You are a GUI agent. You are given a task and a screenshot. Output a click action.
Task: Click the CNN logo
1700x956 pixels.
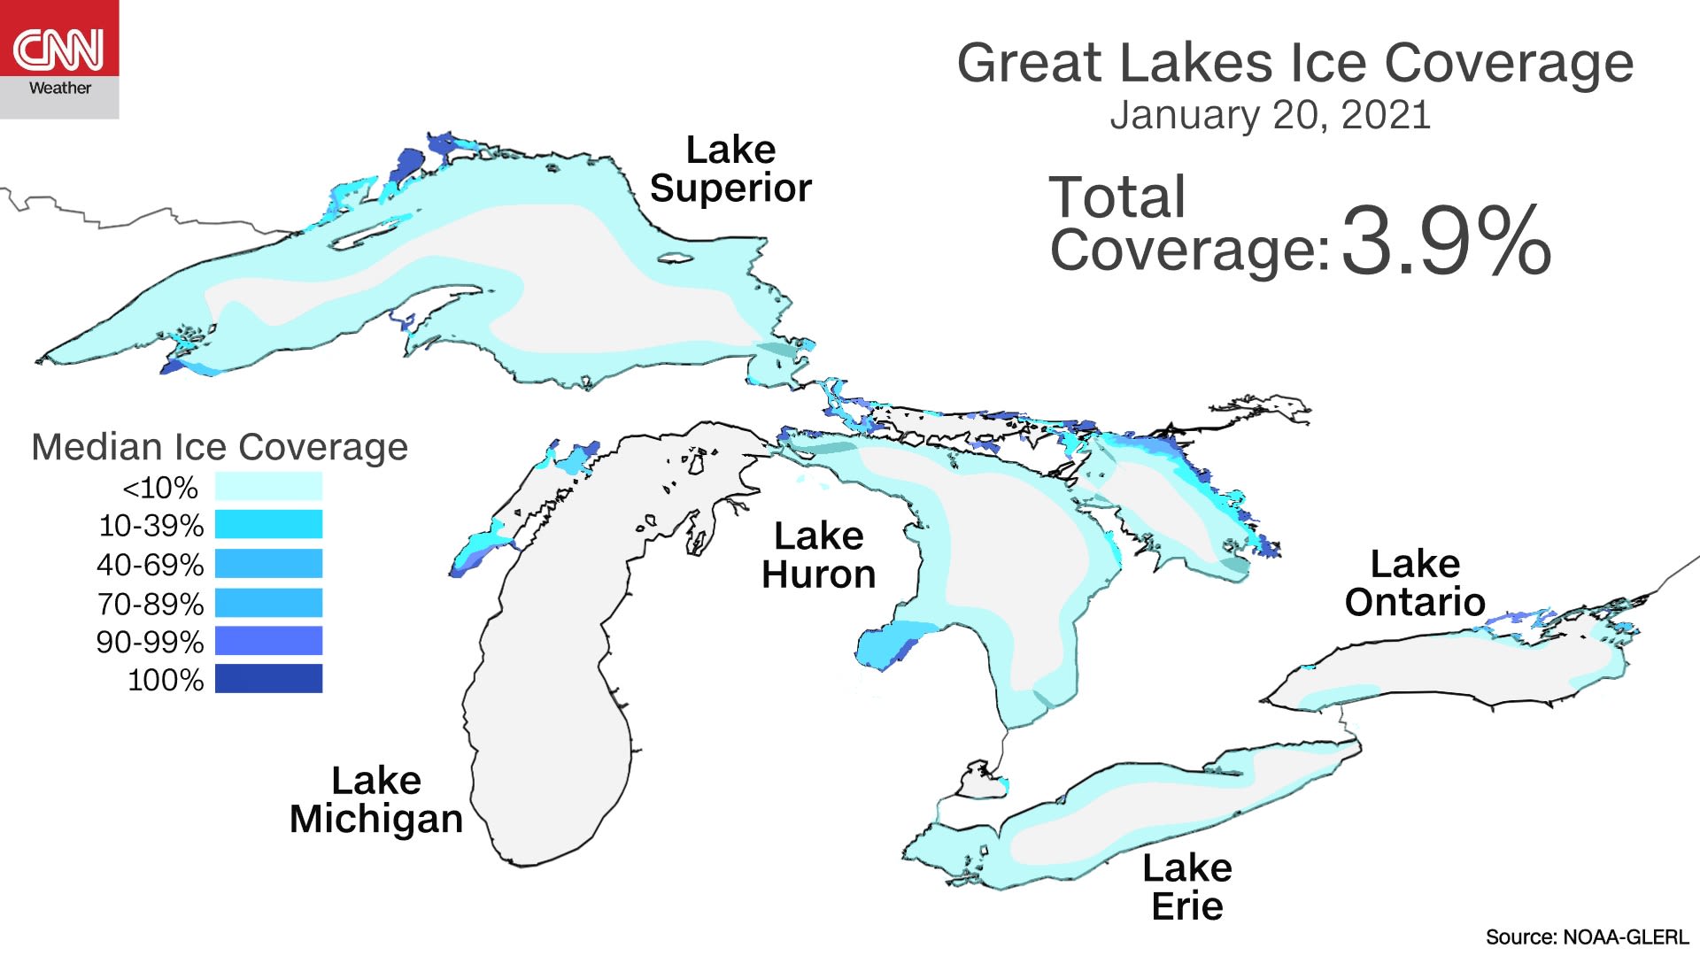pyautogui.click(x=58, y=48)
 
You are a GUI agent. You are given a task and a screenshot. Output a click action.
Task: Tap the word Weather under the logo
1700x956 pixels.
pyautogui.click(x=59, y=89)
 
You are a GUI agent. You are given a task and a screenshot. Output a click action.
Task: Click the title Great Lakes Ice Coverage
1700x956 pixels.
pyautogui.click(x=1294, y=64)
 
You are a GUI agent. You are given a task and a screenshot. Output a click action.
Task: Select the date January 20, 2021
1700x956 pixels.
pyautogui.click(x=1270, y=116)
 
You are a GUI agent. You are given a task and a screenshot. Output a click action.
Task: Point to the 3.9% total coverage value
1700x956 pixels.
pyautogui.click(x=1445, y=241)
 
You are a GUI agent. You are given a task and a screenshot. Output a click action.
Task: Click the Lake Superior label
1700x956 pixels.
pyautogui.click(x=730, y=169)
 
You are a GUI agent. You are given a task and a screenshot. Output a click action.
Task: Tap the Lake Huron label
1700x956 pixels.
pyautogui.click(x=818, y=555)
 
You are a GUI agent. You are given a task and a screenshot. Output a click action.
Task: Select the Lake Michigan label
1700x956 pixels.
pyautogui.click(x=376, y=799)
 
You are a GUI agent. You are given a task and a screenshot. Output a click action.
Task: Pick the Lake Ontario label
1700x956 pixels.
pyautogui.click(x=1414, y=582)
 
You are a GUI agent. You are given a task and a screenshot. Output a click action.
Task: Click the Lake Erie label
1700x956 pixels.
pyautogui.click(x=1186, y=887)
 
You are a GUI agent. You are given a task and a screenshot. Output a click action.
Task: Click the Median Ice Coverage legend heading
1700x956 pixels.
pyautogui.click(x=220, y=447)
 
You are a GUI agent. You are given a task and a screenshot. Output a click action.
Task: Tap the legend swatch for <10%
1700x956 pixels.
pyautogui.click(x=268, y=486)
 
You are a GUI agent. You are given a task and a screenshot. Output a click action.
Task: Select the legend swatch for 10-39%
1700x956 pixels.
pyautogui.click(x=268, y=524)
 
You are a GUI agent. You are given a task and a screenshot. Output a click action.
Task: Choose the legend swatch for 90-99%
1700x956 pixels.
pyautogui.click(x=268, y=641)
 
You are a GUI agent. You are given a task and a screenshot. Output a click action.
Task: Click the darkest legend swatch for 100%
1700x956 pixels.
pyautogui.click(x=268, y=679)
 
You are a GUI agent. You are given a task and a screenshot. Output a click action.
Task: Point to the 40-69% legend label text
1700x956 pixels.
pyautogui.click(x=151, y=565)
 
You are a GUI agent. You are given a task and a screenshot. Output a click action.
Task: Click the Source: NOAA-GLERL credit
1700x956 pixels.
pyautogui.click(x=1587, y=937)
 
